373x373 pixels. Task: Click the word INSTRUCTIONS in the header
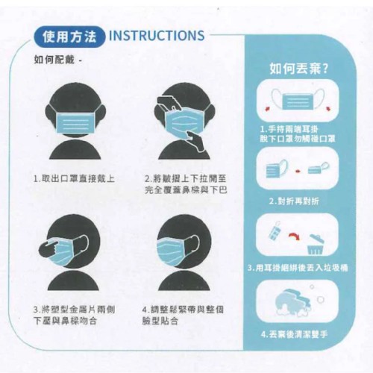click(x=157, y=35)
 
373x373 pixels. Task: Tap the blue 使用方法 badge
click(x=69, y=37)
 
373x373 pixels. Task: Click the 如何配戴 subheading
click(x=54, y=60)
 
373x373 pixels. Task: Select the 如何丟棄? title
click(x=299, y=69)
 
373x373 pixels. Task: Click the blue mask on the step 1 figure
click(x=75, y=122)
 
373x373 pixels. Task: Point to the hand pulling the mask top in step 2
click(x=168, y=102)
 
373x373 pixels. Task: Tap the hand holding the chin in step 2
click(x=196, y=141)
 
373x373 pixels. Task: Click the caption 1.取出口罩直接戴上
click(x=74, y=178)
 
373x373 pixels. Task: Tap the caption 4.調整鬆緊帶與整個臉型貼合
click(x=183, y=316)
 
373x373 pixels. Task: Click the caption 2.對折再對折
click(x=294, y=201)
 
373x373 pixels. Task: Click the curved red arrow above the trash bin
click(x=294, y=236)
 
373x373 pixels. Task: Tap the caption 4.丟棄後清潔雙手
click(x=295, y=334)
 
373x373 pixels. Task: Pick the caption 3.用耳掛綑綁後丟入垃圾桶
click(x=298, y=268)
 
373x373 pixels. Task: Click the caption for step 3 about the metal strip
click(x=74, y=316)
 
